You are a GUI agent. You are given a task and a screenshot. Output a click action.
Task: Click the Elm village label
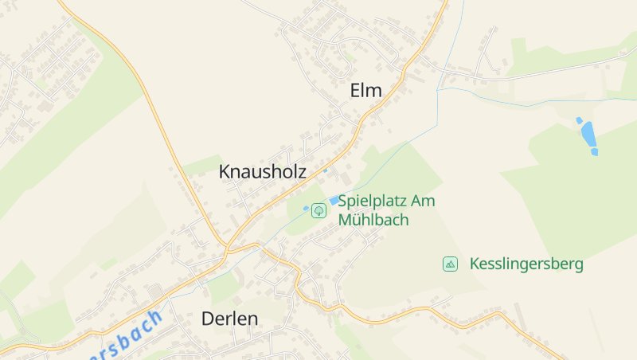click(x=366, y=91)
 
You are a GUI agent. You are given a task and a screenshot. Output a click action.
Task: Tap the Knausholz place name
click(x=263, y=171)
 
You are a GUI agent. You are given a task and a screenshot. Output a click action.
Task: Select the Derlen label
click(x=229, y=319)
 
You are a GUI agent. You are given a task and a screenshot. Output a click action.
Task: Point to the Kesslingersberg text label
click(x=526, y=264)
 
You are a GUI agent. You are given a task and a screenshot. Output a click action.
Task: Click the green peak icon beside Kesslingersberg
click(x=451, y=264)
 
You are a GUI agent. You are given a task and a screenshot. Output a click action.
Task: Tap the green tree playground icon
click(x=318, y=210)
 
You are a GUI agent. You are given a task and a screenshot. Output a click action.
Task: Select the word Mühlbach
click(x=373, y=220)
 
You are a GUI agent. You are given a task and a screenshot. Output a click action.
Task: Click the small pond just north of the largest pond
click(x=580, y=120)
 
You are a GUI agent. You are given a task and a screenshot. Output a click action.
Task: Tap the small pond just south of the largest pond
click(x=594, y=151)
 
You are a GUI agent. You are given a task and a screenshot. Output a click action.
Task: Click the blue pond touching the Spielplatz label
click(x=334, y=201)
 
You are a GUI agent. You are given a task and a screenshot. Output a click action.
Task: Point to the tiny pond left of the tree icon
click(x=306, y=209)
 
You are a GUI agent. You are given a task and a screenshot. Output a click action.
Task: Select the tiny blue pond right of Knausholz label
click(x=325, y=170)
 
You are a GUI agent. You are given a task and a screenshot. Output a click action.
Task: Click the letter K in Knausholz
click(x=225, y=171)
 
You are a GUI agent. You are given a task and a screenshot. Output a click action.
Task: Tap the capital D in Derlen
click(x=207, y=319)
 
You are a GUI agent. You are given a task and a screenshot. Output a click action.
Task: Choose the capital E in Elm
click(x=355, y=91)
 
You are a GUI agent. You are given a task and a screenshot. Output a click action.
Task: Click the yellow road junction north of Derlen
click(x=227, y=250)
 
